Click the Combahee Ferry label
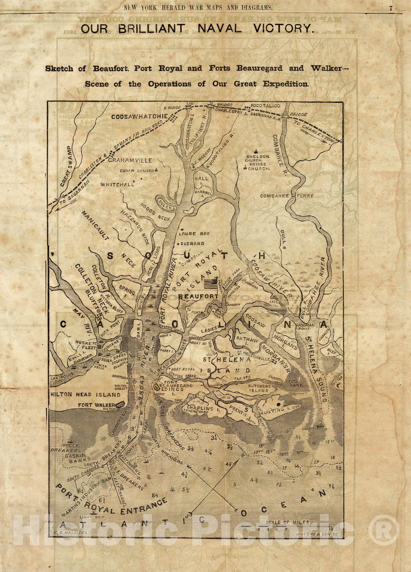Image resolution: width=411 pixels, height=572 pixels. (x=287, y=196)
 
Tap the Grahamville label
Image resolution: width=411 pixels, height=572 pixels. (x=130, y=161)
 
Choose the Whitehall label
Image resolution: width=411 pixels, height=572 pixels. (x=117, y=185)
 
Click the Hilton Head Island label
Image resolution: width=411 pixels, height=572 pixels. (x=86, y=395)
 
